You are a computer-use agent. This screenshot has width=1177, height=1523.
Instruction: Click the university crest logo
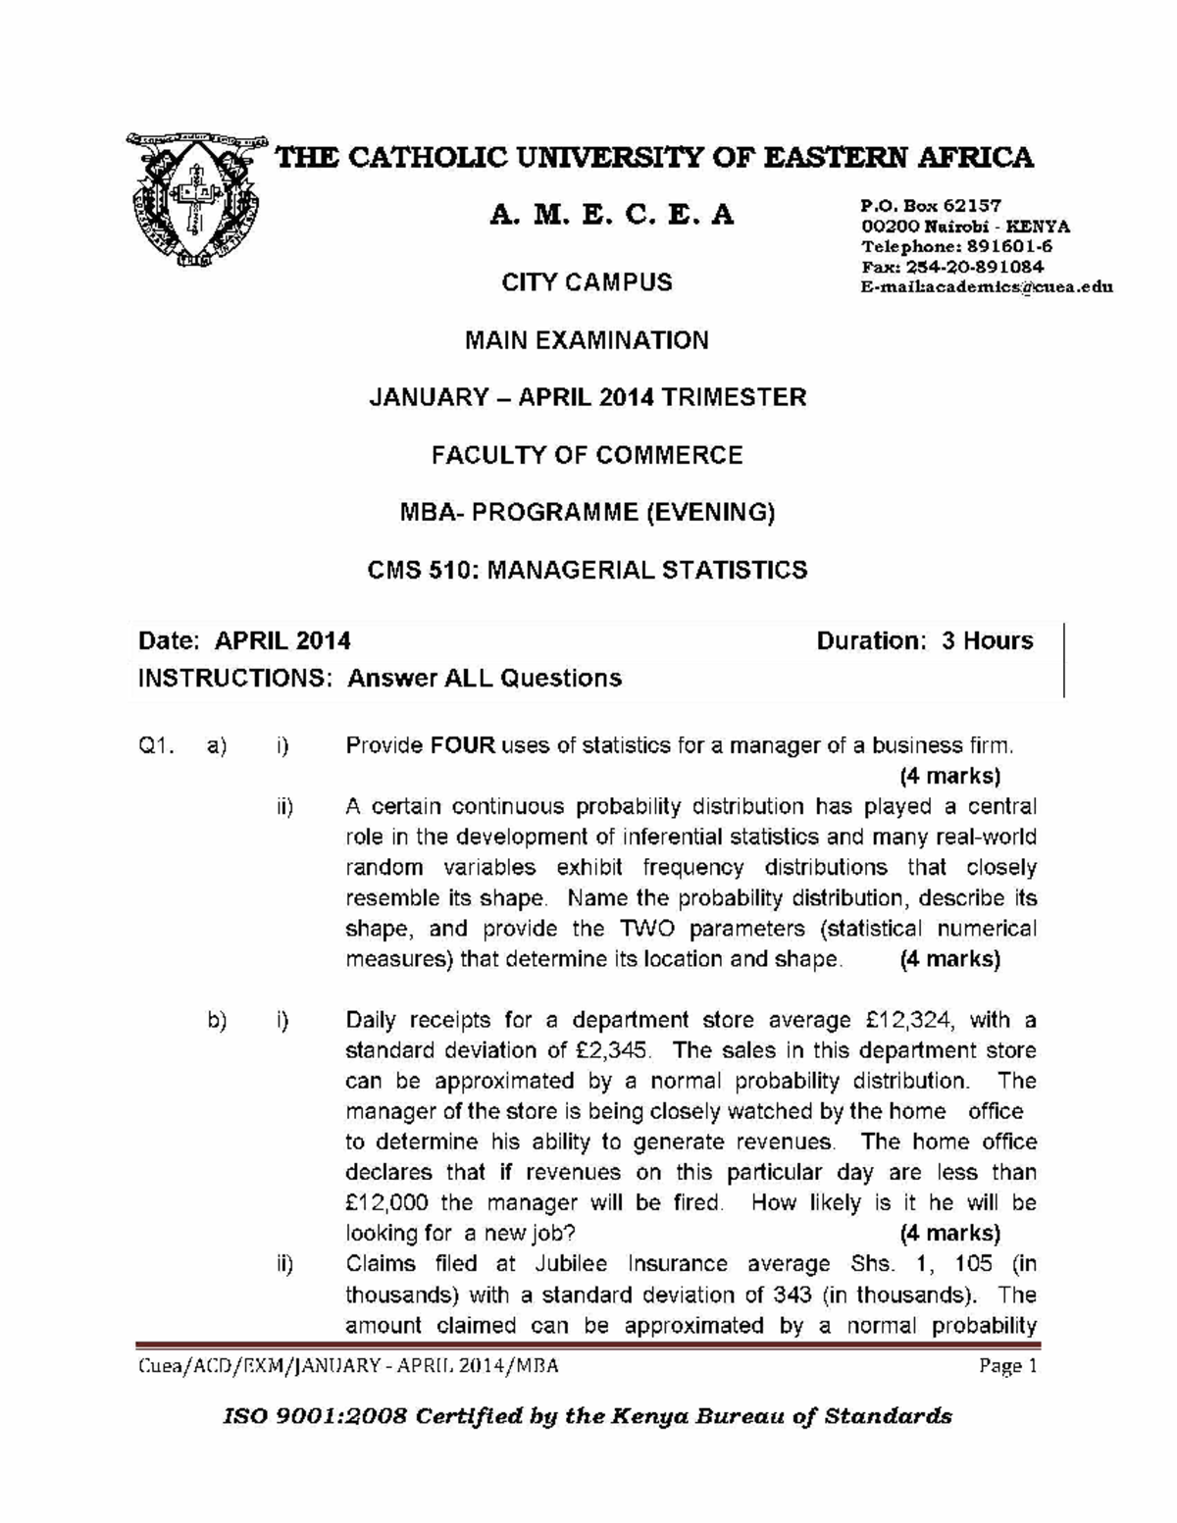pyautogui.click(x=197, y=200)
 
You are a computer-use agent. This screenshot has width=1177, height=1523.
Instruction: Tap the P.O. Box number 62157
pyautogui.click(x=971, y=206)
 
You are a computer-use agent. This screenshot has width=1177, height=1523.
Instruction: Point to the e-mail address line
pyautogui.click(x=986, y=287)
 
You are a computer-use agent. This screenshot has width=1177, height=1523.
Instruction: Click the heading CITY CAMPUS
pyautogui.click(x=587, y=282)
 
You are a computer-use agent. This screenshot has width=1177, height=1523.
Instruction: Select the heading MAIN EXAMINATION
pyautogui.click(x=587, y=340)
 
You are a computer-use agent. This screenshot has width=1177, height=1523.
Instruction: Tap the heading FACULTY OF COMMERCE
pyautogui.click(x=587, y=455)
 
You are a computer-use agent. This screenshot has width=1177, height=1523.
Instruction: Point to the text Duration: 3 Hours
pyautogui.click(x=924, y=640)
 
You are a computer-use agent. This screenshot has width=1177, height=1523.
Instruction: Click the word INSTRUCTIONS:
pyautogui.click(x=235, y=678)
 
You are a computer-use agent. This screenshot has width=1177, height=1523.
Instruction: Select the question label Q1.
pyautogui.click(x=156, y=746)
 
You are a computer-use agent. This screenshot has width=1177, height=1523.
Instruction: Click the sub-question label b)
pyautogui.click(x=217, y=1020)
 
